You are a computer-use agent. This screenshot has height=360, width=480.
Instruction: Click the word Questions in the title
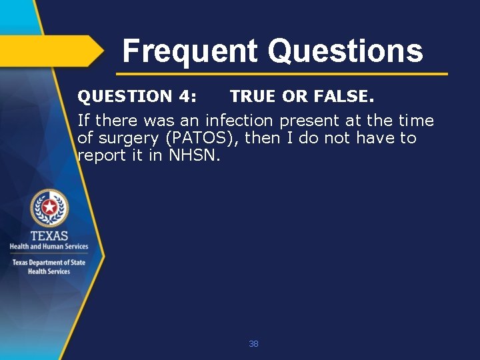(345, 51)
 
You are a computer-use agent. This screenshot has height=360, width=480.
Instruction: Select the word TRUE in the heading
(253, 97)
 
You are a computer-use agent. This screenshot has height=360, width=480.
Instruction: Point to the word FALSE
(341, 97)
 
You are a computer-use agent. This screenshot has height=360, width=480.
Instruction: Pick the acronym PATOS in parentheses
(195, 138)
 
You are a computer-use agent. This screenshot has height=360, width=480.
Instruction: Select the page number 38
(253, 344)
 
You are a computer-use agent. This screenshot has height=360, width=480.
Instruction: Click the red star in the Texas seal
(49, 208)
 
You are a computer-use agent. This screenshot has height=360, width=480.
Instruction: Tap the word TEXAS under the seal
(49, 235)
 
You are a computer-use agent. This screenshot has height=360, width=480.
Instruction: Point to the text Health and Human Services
(49, 247)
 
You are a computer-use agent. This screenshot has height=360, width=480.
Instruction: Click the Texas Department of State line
(49, 263)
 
